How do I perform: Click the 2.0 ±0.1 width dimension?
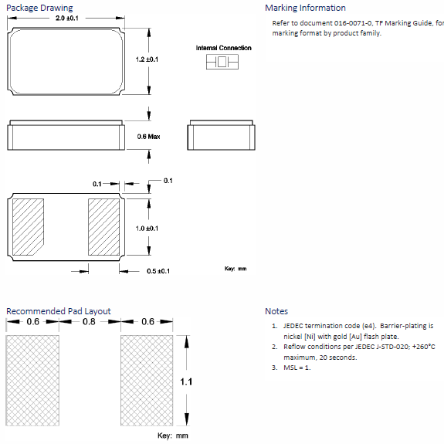[67, 18]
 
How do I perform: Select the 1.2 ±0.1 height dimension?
[147, 59]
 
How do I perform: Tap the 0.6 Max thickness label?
[149, 137]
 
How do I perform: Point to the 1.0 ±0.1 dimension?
[147, 229]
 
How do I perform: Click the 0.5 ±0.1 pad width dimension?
[158, 271]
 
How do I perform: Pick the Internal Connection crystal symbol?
[222, 62]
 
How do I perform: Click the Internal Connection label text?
[223, 48]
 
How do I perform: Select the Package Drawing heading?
[39, 8]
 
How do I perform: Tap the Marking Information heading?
[305, 8]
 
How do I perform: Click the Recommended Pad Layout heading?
[59, 311]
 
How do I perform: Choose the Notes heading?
[276, 311]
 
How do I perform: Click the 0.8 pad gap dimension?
[89, 322]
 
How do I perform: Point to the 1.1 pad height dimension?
[186, 381]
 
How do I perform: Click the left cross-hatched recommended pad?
[32, 381]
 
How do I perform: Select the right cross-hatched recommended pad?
[147, 381]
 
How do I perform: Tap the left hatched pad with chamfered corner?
[28, 227]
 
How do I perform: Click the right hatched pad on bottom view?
[103, 227]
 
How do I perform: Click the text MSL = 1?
[297, 368]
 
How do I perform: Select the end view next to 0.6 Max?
[221, 135]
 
